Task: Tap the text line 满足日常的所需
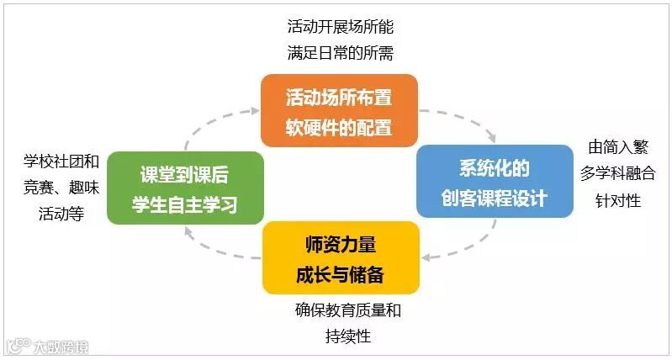point(340,53)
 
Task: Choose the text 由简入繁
point(618,147)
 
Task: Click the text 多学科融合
point(618,173)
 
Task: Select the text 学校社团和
point(62,160)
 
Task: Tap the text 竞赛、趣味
point(62,187)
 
